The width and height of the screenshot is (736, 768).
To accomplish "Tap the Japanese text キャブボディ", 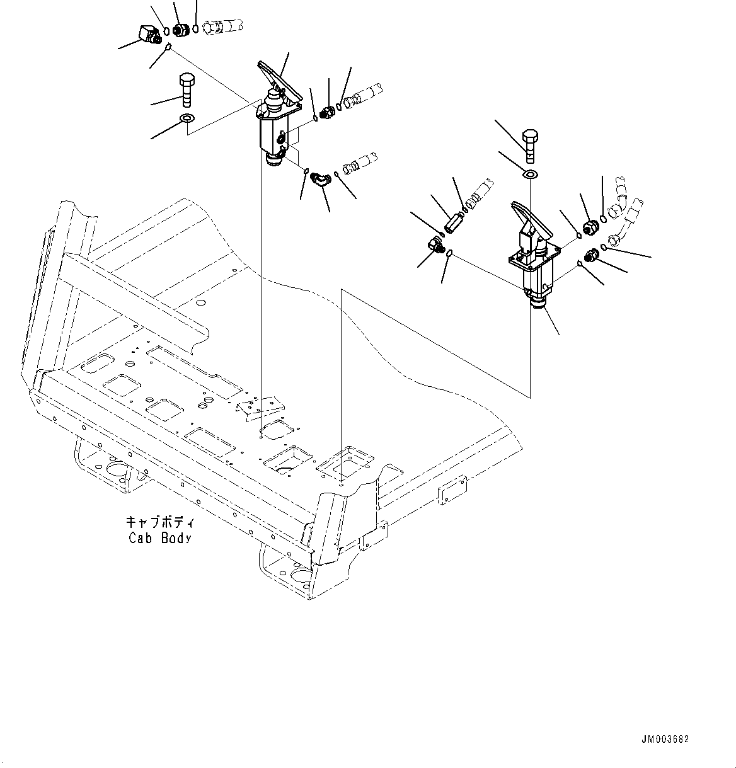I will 160,522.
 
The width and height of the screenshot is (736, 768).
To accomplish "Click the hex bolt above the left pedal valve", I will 187,91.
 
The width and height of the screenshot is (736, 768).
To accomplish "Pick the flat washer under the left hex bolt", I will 187,119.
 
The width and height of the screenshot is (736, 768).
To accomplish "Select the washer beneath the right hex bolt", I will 531,174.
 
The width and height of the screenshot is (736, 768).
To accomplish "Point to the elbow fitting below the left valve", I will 321,181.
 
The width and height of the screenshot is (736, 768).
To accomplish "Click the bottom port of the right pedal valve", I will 538,304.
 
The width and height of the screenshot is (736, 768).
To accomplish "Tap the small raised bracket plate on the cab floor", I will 258,407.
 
